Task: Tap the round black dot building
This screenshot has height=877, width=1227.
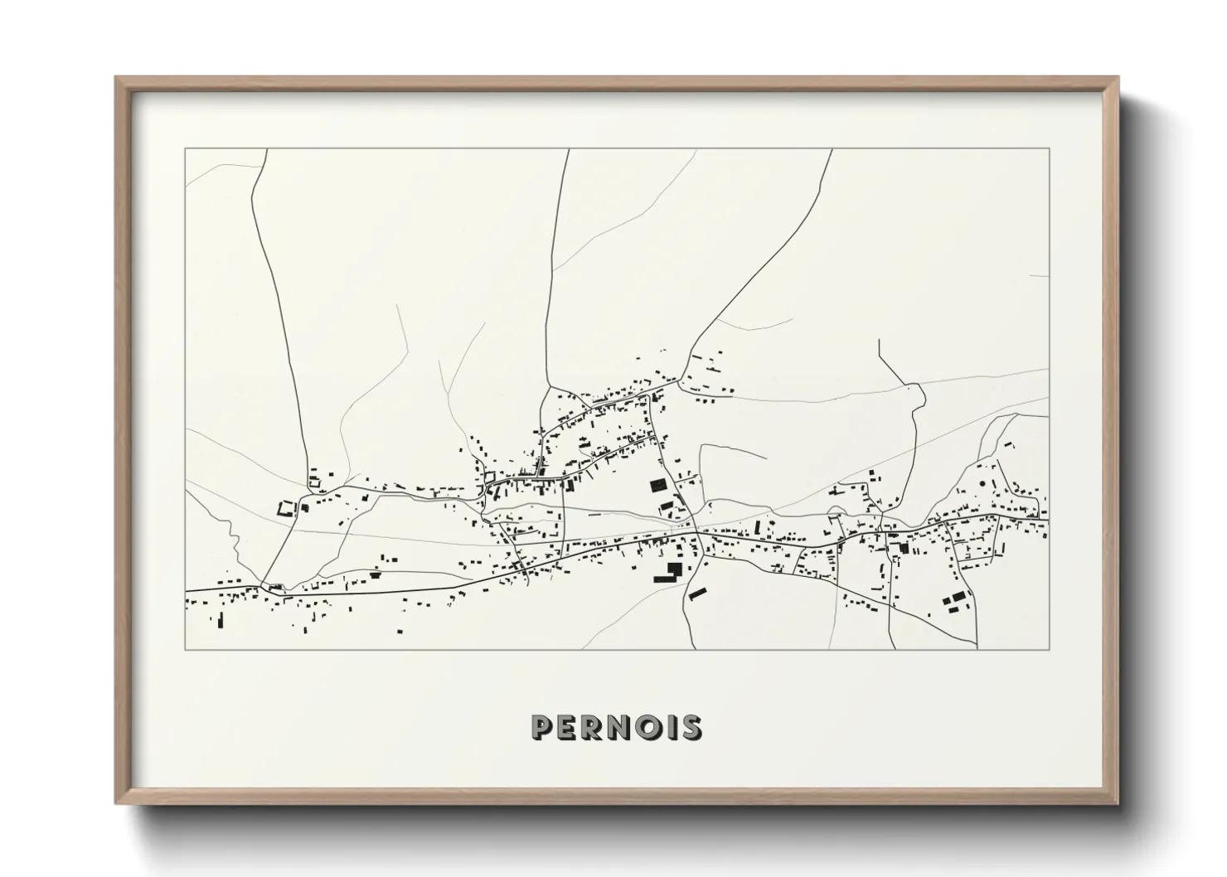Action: [x=983, y=482]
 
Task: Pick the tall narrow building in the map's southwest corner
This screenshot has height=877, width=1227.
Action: [x=221, y=620]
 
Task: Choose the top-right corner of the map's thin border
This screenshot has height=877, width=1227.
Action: [x=1049, y=148]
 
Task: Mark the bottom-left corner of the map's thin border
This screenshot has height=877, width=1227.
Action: [x=185, y=650]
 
